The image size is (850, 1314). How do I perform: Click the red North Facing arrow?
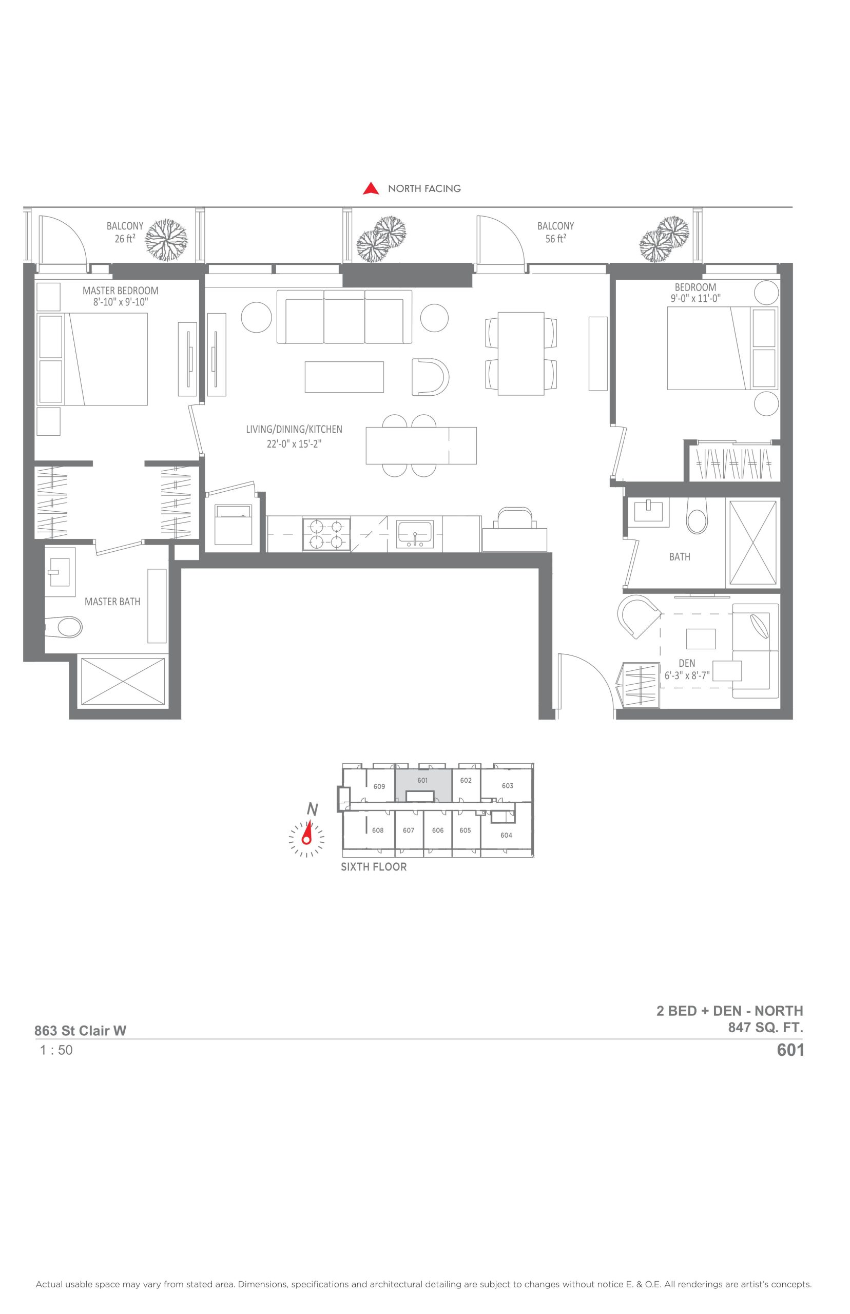pos(371,189)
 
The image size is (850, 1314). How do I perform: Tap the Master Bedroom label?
pos(120,291)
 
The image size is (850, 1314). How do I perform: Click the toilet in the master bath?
pos(64,626)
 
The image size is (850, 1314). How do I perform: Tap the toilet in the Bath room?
pos(697,516)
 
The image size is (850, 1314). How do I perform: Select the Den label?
pos(687,663)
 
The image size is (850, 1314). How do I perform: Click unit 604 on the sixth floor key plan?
pos(506,835)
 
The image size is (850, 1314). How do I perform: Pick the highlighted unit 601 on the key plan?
pos(423,780)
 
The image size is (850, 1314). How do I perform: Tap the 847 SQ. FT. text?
pos(765,1028)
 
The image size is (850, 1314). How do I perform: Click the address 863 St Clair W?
pos(81,1030)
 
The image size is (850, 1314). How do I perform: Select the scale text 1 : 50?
pos(56,1050)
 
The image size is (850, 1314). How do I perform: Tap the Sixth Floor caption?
pos(374,866)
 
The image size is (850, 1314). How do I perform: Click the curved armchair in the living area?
pos(431,377)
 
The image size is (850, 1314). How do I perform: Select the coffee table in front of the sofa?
pos(344,377)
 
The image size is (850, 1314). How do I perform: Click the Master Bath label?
pos(112,602)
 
